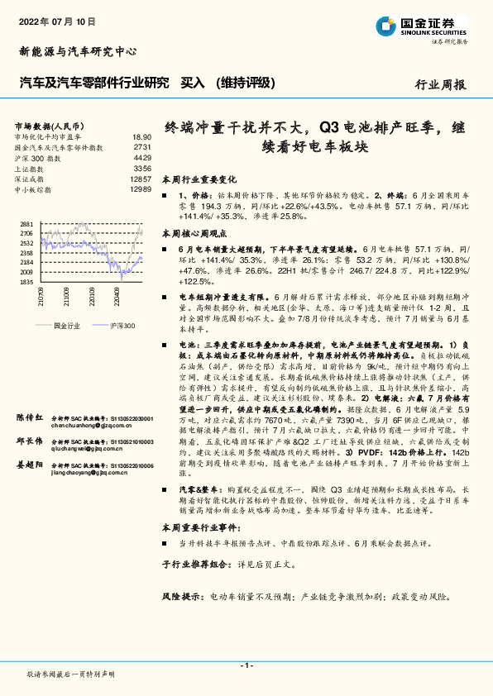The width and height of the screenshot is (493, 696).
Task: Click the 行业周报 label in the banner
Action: click(x=440, y=84)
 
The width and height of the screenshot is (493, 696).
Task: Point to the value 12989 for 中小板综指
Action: click(x=141, y=189)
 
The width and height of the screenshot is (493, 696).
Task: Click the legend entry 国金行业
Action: click(x=66, y=327)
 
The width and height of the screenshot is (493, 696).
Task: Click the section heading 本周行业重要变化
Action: click(x=199, y=179)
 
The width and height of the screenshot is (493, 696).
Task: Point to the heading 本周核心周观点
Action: click(x=194, y=234)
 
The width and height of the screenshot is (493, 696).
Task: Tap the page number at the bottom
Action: click(x=246, y=665)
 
